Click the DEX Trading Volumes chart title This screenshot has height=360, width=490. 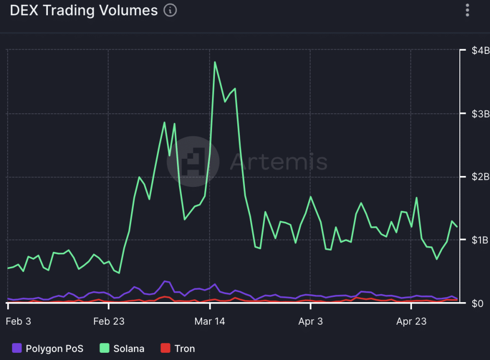(x=84, y=11)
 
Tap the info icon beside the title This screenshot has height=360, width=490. (x=170, y=11)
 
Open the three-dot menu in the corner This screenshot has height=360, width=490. (x=468, y=11)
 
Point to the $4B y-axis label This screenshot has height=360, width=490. (x=479, y=51)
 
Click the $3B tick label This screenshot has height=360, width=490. (x=479, y=114)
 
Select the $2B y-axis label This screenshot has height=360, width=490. (x=479, y=177)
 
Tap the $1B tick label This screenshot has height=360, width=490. (x=479, y=240)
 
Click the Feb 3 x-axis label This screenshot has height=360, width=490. (x=19, y=321)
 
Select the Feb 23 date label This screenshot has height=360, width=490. (x=109, y=321)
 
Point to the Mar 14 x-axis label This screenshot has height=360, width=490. (x=210, y=321)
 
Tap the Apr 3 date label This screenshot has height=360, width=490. (x=310, y=321)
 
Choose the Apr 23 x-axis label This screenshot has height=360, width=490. (x=411, y=321)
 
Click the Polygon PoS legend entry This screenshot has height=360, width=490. (x=47, y=348)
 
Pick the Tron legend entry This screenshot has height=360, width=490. (x=178, y=348)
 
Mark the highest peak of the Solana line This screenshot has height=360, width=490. (x=215, y=62)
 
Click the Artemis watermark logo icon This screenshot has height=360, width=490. (x=193, y=162)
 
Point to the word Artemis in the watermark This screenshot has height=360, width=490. (x=278, y=162)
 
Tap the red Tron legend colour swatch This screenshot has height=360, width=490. (x=165, y=348)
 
